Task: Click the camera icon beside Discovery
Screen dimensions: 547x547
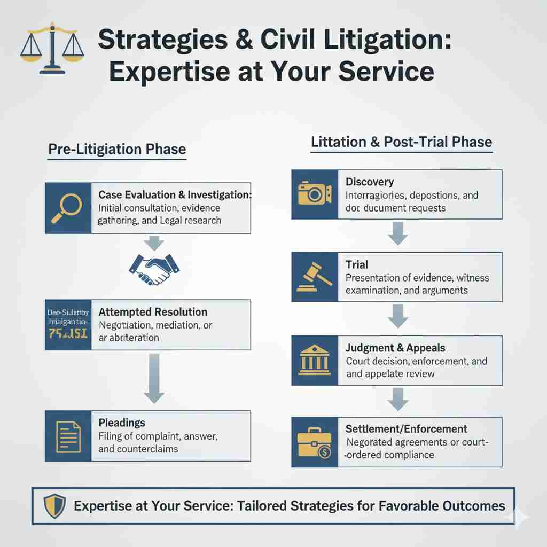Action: point(315,194)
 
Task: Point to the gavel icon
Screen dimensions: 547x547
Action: point(315,277)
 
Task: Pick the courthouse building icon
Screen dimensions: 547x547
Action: point(315,361)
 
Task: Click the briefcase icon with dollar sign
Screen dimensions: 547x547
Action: point(315,443)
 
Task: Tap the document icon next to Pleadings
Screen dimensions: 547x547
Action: point(68,436)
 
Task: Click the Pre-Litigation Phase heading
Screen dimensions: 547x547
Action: point(117,150)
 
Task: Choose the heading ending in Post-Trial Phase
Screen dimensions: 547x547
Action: point(401,143)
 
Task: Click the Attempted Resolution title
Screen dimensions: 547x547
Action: point(153,312)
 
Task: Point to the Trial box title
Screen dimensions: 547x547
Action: point(357,264)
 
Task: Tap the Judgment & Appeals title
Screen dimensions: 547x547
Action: point(395,348)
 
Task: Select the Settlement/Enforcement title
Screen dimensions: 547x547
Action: point(406,429)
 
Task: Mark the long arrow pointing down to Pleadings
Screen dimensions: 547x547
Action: point(153,379)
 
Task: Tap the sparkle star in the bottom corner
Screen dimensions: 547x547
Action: point(519,517)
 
